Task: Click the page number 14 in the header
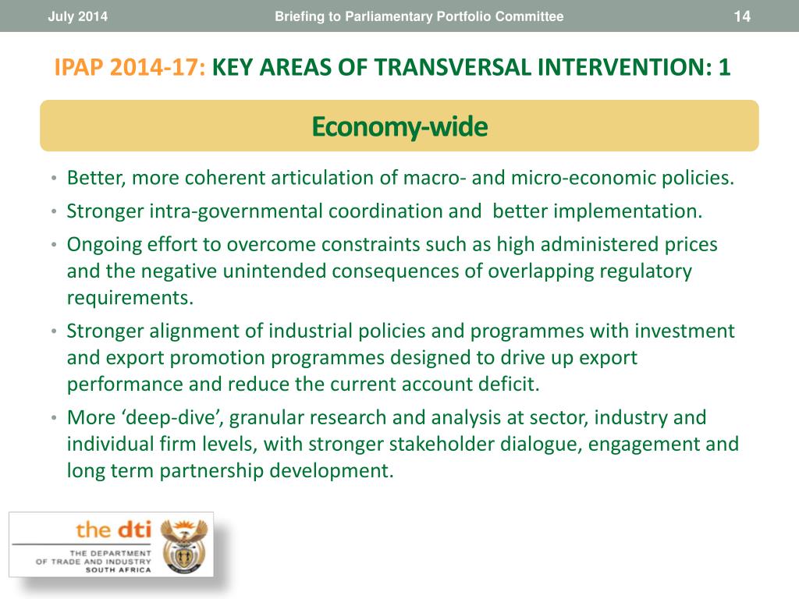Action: point(742,16)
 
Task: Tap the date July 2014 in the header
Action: point(77,16)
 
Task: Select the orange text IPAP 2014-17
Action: point(130,67)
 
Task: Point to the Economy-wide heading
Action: point(399,126)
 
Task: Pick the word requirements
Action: point(130,298)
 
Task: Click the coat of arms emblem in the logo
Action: point(184,545)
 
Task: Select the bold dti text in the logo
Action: point(132,530)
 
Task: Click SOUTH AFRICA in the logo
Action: point(119,570)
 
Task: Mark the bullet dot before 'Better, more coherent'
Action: point(54,179)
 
